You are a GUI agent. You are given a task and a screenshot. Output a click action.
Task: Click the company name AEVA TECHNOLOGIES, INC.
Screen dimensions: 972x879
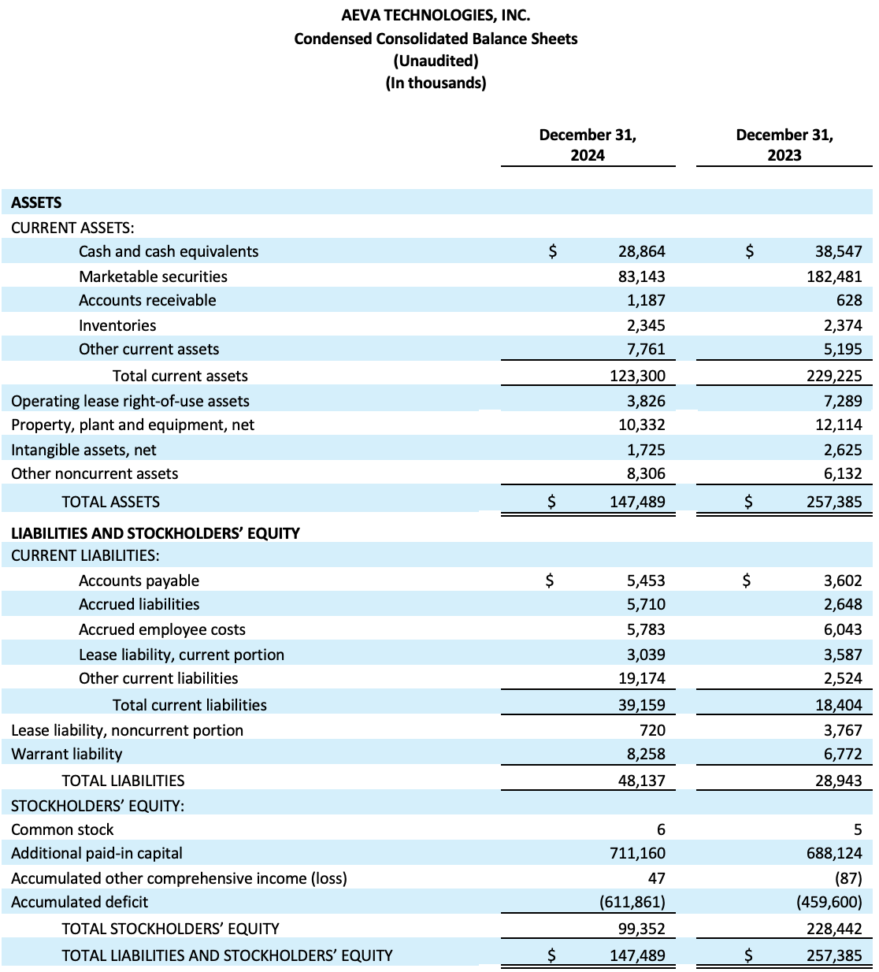point(436,15)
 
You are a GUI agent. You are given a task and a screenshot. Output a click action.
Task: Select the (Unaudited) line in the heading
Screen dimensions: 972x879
point(436,61)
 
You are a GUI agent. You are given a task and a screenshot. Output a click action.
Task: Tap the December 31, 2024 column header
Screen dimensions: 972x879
point(588,145)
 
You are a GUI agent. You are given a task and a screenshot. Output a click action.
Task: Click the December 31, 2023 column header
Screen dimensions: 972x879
point(784,145)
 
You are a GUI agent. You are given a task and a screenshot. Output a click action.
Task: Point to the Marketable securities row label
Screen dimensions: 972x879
point(153,276)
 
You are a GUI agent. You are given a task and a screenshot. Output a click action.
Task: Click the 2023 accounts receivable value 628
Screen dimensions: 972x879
point(849,300)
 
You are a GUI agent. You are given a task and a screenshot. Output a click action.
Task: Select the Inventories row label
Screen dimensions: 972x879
point(117,325)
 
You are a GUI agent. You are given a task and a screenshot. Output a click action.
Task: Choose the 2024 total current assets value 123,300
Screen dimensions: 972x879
point(637,376)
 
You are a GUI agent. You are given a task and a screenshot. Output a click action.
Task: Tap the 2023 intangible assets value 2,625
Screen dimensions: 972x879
point(843,450)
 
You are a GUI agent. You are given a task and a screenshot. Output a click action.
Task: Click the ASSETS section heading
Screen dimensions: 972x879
point(36,202)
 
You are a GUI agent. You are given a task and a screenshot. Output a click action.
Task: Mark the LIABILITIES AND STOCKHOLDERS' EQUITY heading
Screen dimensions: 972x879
point(155,533)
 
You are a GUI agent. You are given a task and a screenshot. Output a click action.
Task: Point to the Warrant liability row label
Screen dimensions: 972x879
point(67,754)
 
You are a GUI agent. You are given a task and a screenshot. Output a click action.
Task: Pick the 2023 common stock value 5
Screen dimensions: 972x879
point(857,829)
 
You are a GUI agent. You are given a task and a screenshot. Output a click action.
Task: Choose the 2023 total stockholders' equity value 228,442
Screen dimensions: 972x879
point(834,929)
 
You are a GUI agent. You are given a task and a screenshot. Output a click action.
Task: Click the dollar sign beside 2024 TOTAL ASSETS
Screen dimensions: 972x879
point(552,501)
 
